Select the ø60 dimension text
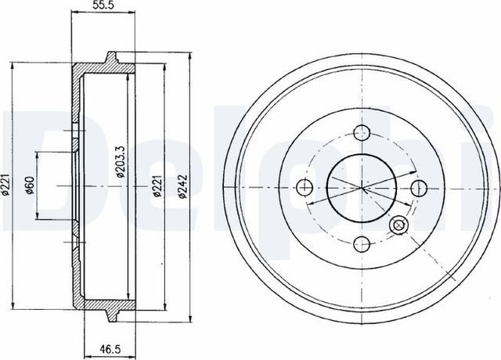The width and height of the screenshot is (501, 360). [30, 185]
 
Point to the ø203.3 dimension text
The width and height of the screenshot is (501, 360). [121, 161]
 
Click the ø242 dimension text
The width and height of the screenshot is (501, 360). [182, 187]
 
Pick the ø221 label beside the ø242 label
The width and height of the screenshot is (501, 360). [157, 186]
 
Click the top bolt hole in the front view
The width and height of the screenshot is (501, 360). [362, 132]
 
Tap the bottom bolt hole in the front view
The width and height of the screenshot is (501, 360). [362, 244]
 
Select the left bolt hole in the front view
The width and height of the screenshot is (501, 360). [305, 187]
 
